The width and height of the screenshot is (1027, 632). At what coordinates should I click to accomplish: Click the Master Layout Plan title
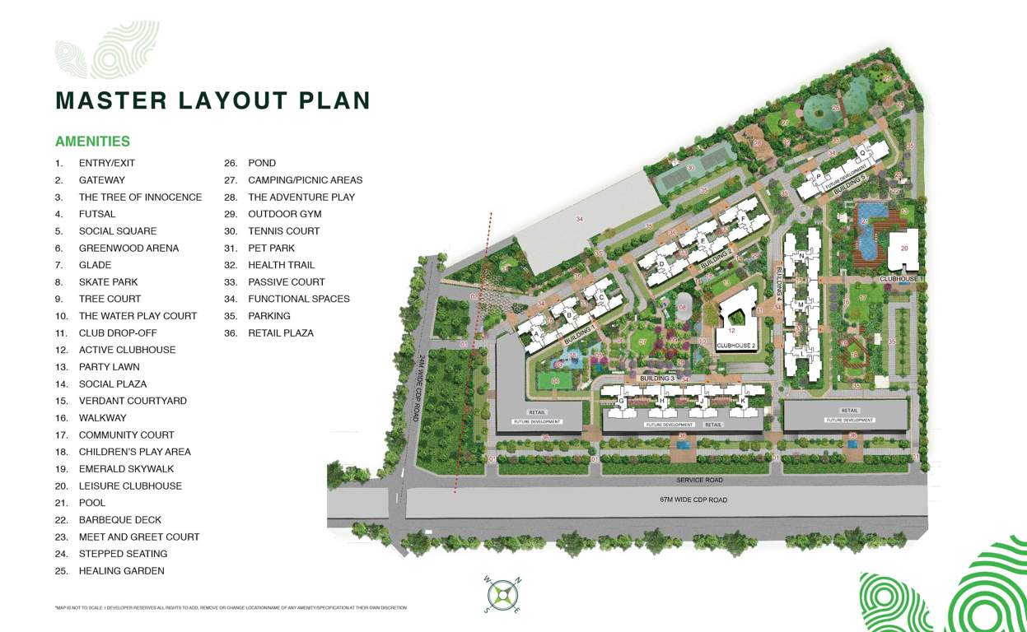coord(212,100)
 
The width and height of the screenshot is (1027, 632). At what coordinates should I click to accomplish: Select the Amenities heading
coord(92,142)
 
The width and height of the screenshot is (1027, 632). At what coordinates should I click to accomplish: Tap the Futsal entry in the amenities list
coord(97,214)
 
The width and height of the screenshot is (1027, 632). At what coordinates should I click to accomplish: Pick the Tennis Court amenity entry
coord(283,231)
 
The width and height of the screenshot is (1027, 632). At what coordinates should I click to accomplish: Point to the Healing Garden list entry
coord(121,571)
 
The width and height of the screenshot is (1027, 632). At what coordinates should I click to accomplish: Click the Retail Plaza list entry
coord(280,333)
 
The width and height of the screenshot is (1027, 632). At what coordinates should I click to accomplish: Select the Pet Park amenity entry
coord(271,249)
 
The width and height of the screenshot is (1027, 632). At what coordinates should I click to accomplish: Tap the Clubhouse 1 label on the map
coord(902,279)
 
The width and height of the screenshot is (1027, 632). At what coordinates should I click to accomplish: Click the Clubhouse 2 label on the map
coord(735,346)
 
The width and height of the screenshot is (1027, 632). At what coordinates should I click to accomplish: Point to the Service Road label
coord(699,480)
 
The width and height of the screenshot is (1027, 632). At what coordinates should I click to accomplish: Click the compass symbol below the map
coord(502,594)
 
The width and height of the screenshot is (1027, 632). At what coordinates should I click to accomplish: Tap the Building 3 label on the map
coord(656,378)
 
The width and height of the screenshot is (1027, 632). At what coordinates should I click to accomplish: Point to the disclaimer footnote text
coord(231,608)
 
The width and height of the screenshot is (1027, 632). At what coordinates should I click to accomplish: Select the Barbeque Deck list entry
coord(120,520)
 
